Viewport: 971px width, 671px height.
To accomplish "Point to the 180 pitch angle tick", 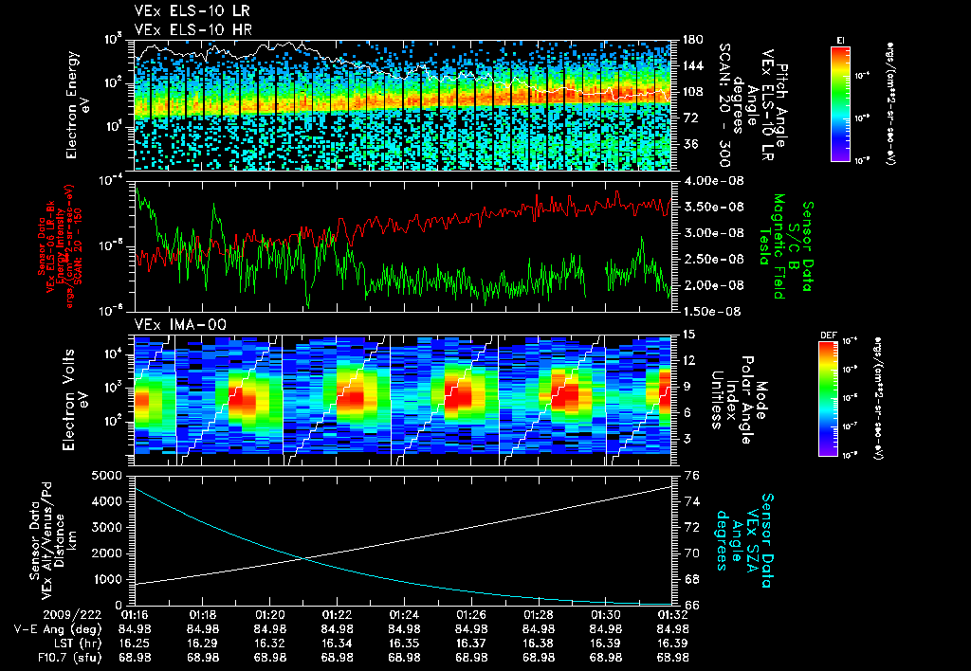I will [693, 40].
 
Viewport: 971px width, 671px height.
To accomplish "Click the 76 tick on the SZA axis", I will [691, 476].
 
